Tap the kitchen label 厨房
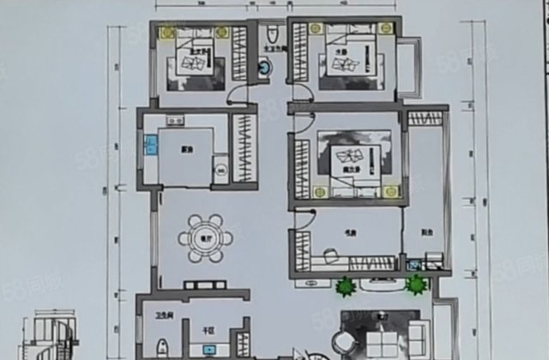184,148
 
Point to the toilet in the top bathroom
271,33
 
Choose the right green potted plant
418,285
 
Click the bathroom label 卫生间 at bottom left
159,315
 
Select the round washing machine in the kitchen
220,171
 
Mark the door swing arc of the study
305,220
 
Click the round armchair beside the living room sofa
349,342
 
